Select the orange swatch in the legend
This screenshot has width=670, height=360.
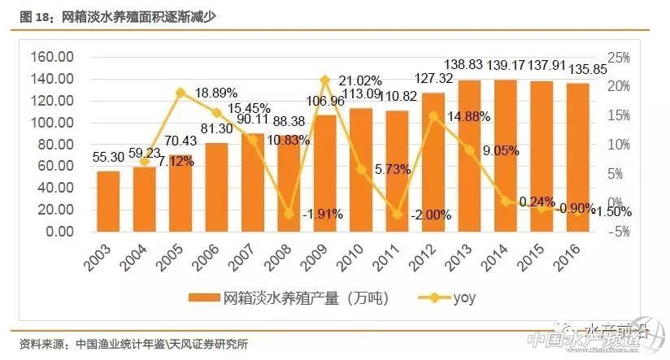[204, 297]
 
